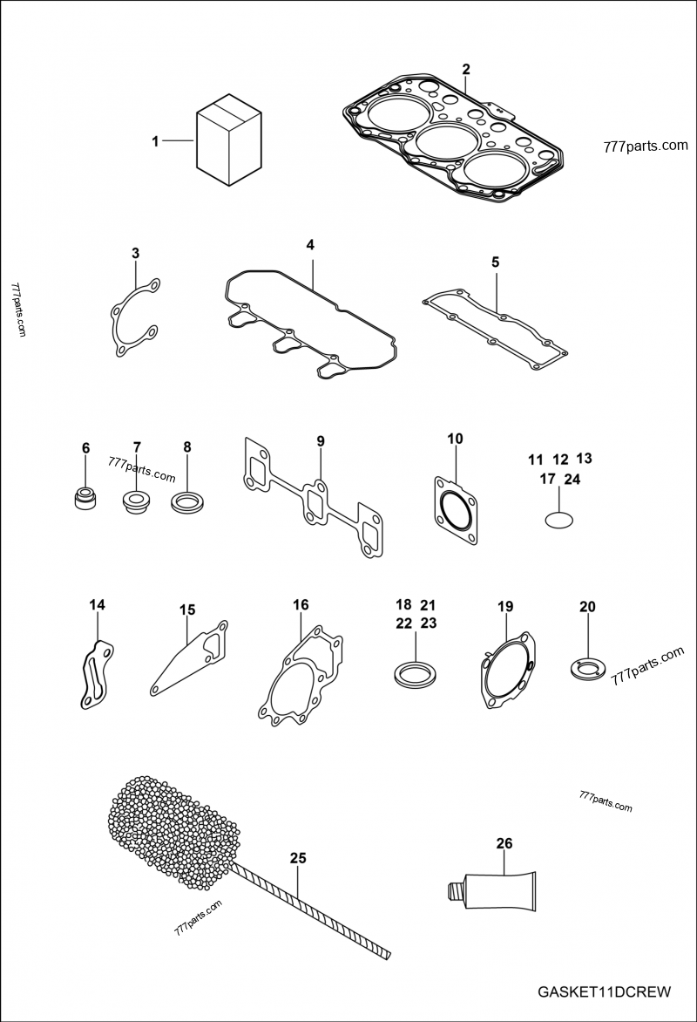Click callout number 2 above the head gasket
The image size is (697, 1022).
coord(465,69)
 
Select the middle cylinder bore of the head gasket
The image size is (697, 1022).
coord(443,140)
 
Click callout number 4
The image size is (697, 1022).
coord(309,245)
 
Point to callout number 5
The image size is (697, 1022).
coord(495,262)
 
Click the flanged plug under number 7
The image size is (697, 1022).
coord(136,503)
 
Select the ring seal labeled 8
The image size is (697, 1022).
coord(186,502)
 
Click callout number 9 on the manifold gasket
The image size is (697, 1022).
coord(320,441)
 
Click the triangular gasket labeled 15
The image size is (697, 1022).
coord(190,659)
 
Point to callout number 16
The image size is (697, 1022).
coord(301,604)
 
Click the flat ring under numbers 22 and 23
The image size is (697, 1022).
coord(416,672)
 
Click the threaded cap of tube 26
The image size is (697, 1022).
coord(453,889)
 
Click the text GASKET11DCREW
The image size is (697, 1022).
coord(604,991)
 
